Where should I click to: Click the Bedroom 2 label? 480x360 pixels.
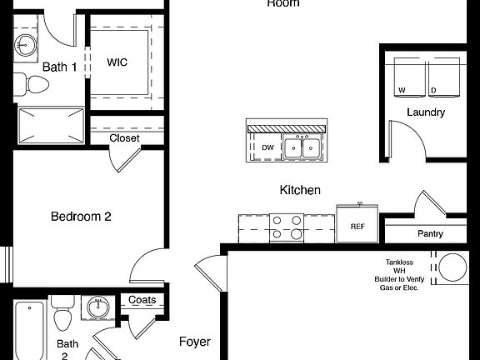[x=81, y=216]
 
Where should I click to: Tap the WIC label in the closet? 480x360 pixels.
[x=117, y=62]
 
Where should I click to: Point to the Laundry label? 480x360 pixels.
[x=425, y=112]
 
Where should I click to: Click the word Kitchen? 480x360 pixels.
[x=300, y=190]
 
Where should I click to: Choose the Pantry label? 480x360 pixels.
[x=430, y=234]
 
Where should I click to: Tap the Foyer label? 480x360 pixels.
[x=195, y=342]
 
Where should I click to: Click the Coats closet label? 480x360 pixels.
[x=141, y=300]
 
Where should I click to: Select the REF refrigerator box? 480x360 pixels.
[x=357, y=225]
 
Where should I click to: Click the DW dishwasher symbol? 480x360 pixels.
[x=267, y=148]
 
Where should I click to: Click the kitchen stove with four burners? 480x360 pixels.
[x=287, y=227]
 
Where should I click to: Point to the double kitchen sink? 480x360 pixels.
[x=303, y=148]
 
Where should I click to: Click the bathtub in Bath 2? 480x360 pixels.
[x=29, y=329]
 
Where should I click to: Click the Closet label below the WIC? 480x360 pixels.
[x=124, y=138]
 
